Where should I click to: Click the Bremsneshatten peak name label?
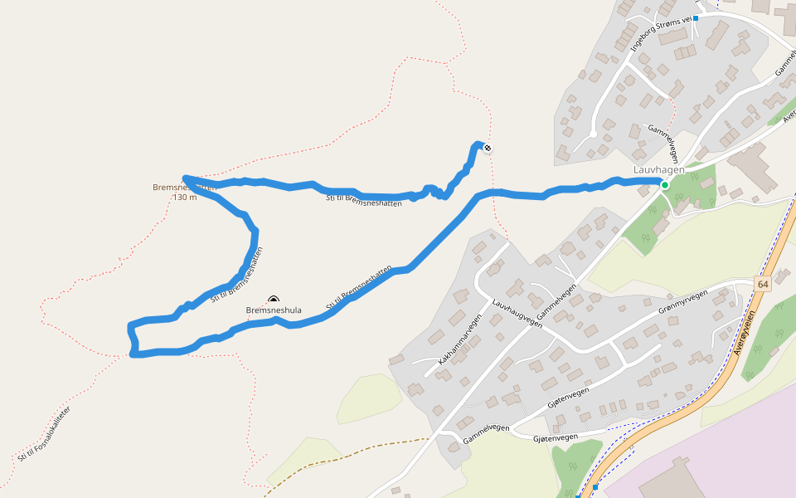[x=184, y=188]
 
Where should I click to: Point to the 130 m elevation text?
[x=184, y=198]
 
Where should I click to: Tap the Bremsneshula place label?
[x=274, y=311]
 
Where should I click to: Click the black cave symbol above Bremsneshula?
[x=274, y=300]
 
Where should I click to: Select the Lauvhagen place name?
[x=659, y=170]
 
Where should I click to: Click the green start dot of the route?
[x=664, y=185]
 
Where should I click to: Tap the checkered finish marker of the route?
[x=488, y=149]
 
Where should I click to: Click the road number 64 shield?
[x=763, y=284]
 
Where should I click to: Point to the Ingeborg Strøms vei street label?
[x=661, y=33]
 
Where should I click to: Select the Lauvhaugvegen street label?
[x=517, y=314]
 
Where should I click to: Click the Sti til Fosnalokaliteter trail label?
[x=44, y=434]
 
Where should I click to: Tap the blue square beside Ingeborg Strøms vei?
[x=696, y=18]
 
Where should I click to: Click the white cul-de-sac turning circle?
[x=593, y=134]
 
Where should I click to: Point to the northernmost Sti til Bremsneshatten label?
[x=364, y=200]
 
